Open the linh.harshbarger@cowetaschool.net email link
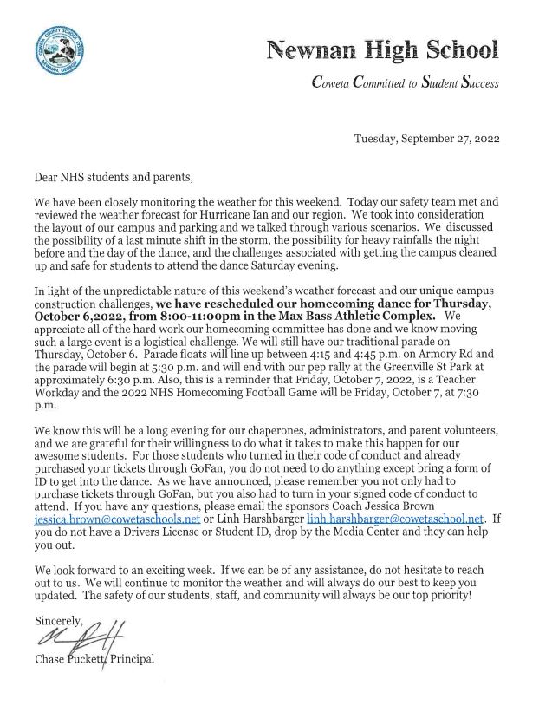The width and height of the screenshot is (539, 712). (402, 518)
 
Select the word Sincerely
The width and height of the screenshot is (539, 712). (58, 622)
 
